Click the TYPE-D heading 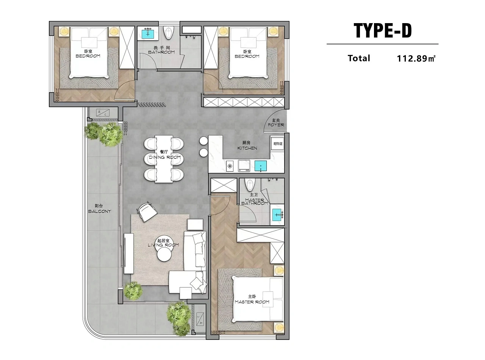point(382,31)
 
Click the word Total point(359,58)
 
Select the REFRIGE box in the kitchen point(278,144)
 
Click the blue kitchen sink point(261,166)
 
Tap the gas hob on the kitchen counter point(230,166)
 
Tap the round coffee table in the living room point(165,254)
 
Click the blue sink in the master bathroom point(277,214)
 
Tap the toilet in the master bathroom point(249,185)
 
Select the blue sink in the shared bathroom point(148,34)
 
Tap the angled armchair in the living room point(147,211)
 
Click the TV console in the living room point(128,254)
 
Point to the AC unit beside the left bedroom point(103,113)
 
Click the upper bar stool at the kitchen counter point(203,141)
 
